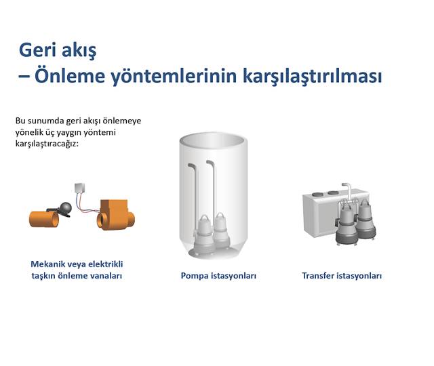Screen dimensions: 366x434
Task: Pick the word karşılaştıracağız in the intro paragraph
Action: point(47,144)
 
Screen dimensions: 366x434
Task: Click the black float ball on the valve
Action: point(67,208)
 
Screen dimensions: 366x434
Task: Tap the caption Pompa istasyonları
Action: point(218,276)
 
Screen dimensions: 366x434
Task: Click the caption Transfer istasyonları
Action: point(342,276)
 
